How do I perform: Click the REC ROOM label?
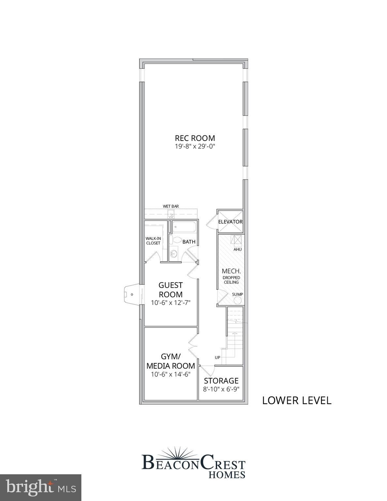(195, 138)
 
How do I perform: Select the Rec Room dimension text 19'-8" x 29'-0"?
(195, 146)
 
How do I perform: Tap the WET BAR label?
(171, 206)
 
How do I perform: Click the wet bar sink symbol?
(171, 215)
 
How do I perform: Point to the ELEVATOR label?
(230, 222)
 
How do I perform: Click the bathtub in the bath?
(184, 227)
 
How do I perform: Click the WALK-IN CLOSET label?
(153, 241)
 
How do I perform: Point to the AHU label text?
(237, 250)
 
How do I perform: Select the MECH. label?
(231, 271)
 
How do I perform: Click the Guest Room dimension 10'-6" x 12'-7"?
(171, 303)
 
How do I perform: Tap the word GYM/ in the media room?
(171, 356)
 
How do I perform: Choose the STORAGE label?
(221, 381)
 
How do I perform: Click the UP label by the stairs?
(217, 357)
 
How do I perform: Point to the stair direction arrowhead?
(234, 333)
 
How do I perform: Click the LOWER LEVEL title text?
(297, 400)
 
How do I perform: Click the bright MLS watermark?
(40, 488)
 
